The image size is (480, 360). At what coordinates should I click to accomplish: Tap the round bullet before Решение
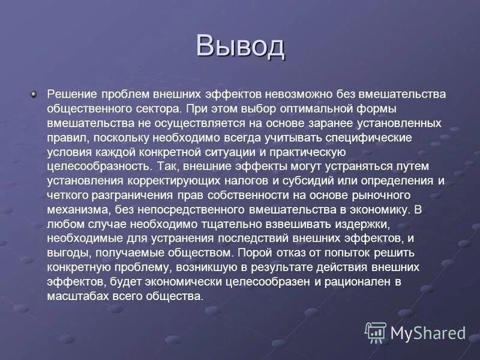[x=34, y=94]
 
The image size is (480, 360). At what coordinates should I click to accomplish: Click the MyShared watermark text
[x=427, y=332]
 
